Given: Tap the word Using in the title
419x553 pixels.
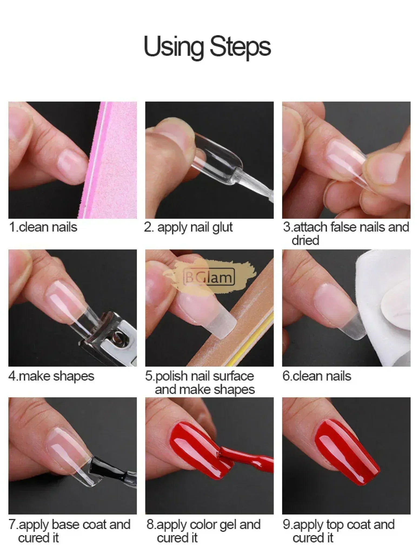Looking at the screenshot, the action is (x=174, y=46).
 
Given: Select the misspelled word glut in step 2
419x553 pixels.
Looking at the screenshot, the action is (x=222, y=227).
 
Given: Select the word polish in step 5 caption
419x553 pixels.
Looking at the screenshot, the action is (x=171, y=377).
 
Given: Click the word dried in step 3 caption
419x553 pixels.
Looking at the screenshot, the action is (x=305, y=240).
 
